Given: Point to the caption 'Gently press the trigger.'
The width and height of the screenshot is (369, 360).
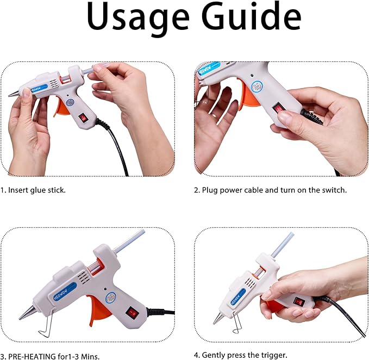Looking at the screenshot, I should pos(240,355).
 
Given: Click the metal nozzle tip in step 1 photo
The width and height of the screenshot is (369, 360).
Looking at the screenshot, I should pos(12,95).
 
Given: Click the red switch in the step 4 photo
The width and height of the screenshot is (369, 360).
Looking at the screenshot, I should pos(298,300).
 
